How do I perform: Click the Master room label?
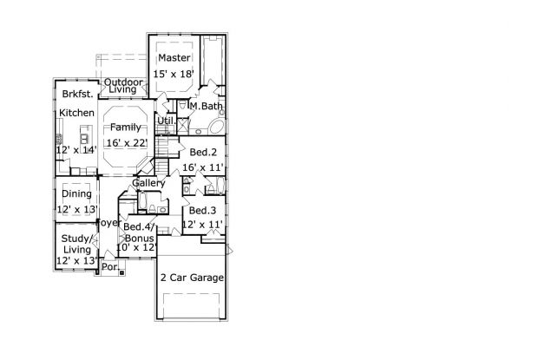[x=174, y=57]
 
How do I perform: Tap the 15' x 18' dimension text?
[x=174, y=74]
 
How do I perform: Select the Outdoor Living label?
[x=123, y=86]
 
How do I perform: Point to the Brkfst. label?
[x=77, y=94]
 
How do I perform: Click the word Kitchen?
[x=77, y=113]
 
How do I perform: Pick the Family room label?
[x=126, y=128]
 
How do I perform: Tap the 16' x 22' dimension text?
[x=127, y=142]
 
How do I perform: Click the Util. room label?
[x=167, y=121]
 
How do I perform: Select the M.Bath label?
[x=207, y=107]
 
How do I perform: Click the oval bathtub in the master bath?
[x=217, y=126]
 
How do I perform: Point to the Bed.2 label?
[x=203, y=152]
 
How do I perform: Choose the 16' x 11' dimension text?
[x=203, y=167]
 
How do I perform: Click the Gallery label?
[x=148, y=183]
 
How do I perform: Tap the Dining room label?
[x=77, y=193]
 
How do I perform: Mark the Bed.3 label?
[x=202, y=210]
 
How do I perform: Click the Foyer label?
[x=109, y=223]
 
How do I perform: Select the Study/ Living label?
[x=76, y=244]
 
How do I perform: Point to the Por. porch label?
[x=110, y=266]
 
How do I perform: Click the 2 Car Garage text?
[x=192, y=278]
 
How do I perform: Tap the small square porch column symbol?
[x=121, y=273]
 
